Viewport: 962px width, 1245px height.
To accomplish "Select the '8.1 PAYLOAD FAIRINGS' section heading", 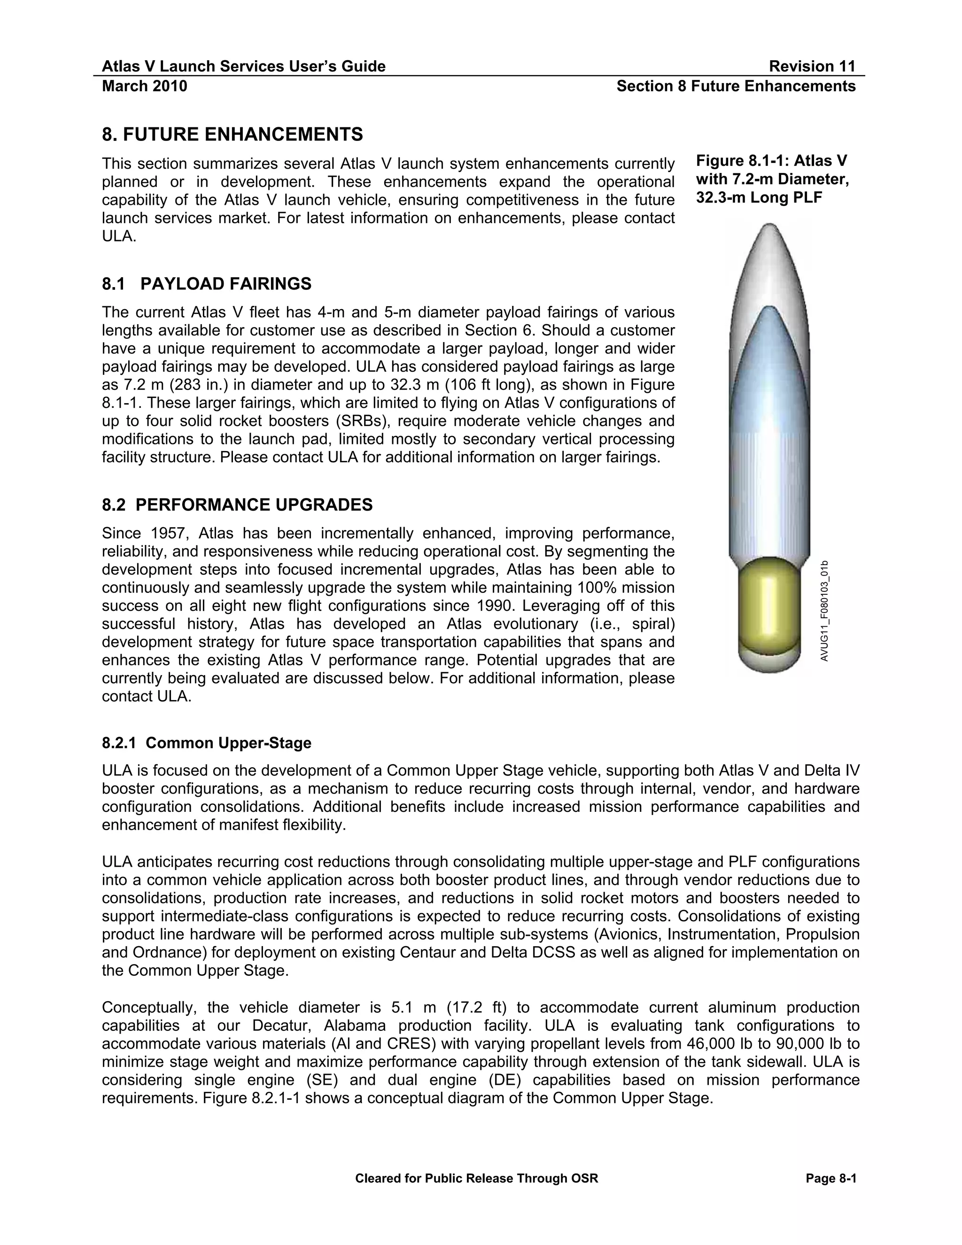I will tap(206, 283).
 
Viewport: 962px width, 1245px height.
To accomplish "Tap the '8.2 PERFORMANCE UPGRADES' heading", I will tap(237, 505).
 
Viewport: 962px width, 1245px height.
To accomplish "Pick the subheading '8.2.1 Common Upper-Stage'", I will tap(206, 743).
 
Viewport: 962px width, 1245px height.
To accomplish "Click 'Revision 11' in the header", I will tap(812, 67).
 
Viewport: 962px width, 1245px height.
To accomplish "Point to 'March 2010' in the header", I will tap(144, 86).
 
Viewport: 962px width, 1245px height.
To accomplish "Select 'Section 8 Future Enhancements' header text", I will tap(736, 86).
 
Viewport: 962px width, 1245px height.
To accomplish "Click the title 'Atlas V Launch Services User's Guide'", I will tap(243, 67).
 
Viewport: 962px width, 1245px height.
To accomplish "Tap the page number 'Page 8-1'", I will tap(831, 1178).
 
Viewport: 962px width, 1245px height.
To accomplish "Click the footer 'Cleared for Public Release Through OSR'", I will tap(476, 1178).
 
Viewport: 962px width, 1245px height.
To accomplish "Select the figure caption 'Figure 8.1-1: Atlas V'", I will tap(771, 160).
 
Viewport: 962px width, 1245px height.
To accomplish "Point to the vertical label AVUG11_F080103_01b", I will tap(825, 611).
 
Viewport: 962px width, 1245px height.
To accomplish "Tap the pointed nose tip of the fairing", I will tap(769, 226).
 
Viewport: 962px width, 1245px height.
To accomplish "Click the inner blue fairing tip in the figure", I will tap(769, 311).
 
